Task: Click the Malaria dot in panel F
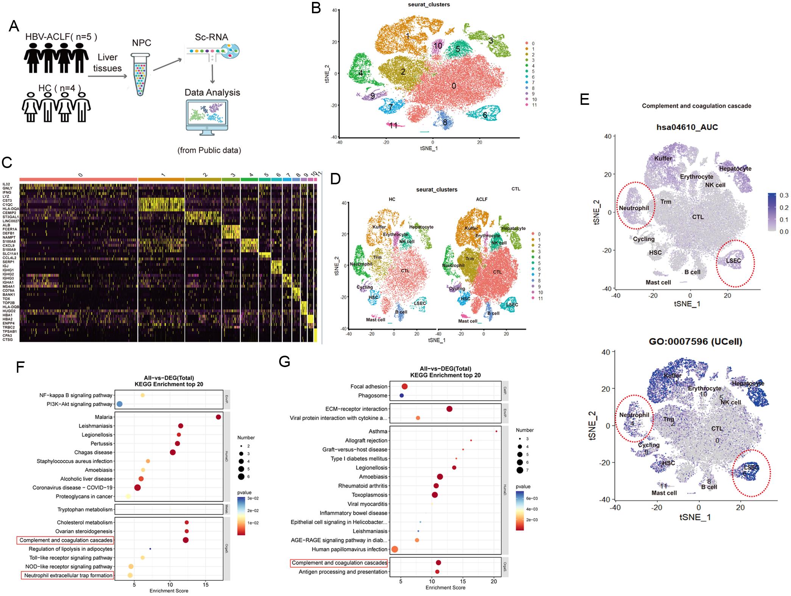[218, 417]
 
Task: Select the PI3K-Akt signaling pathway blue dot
[119, 404]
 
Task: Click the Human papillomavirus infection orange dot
[395, 549]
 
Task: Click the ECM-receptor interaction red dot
[449, 409]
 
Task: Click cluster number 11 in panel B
[393, 125]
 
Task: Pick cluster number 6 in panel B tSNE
[485, 115]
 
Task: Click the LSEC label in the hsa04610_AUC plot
[733, 261]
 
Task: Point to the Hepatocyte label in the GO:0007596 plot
[748, 383]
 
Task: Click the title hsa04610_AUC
[687, 127]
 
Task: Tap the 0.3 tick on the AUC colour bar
[784, 195]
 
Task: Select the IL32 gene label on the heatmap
[6, 184]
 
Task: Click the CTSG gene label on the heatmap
[7, 339]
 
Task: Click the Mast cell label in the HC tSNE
[375, 320]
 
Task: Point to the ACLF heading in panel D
[482, 199]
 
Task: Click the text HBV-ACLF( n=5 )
[61, 37]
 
